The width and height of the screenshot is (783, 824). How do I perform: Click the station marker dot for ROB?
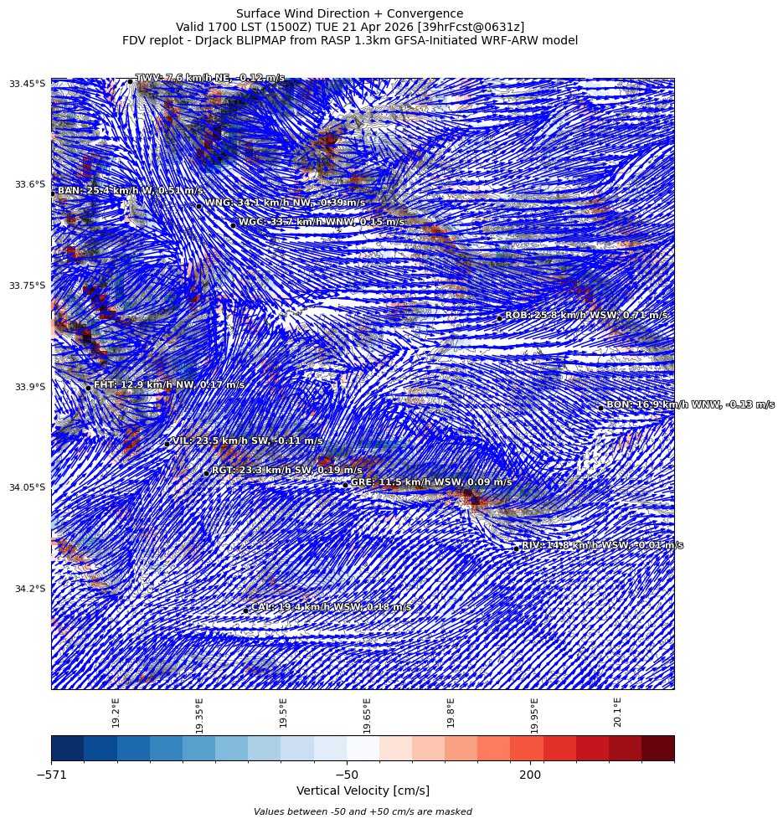coord(499,318)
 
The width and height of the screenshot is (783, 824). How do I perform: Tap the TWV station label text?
coord(209,78)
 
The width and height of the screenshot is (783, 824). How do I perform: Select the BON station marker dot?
coord(600,408)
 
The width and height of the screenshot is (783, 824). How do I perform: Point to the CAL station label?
coord(331,607)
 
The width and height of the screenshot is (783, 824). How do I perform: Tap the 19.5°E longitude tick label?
coord(283,713)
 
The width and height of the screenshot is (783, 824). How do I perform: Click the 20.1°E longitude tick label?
coord(617,713)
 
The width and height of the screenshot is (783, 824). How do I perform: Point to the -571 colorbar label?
coord(51,775)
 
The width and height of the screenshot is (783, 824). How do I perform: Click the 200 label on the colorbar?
coord(530,775)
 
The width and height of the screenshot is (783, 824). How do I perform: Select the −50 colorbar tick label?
coord(346,775)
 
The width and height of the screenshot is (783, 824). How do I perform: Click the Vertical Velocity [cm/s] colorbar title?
coord(363,791)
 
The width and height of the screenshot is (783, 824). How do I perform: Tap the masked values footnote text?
coord(363,811)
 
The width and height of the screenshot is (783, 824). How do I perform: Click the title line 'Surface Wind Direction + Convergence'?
coord(349,13)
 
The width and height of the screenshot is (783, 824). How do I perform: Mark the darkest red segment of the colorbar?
coord(657,748)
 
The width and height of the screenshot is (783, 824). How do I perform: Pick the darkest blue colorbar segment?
coord(67,748)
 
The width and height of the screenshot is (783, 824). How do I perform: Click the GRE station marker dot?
coord(345,485)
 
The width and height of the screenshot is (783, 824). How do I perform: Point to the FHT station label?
coord(168,385)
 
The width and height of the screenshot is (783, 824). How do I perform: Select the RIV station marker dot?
coord(517,548)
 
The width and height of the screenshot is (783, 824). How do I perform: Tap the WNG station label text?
coord(285,203)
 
